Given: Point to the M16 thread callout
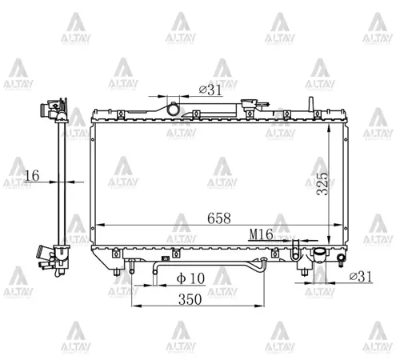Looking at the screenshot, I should pos(261,234).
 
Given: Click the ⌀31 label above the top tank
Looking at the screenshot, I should pos(210,90).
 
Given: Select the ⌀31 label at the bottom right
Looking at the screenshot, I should pos(363,277).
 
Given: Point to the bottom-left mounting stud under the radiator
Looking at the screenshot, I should pos(120,272).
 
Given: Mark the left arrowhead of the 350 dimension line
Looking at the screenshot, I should pos(134,306).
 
